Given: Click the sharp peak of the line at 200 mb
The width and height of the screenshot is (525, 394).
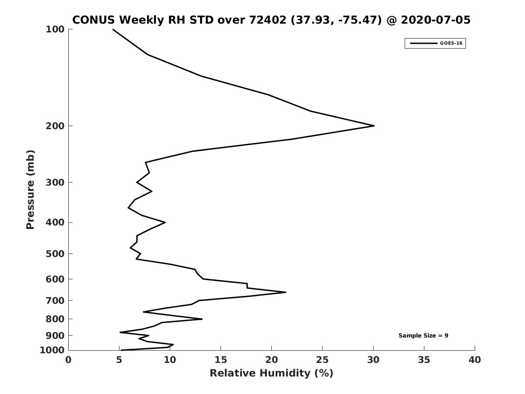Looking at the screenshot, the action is pos(374,126).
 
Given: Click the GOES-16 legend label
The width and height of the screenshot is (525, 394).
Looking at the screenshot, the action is pos(451,43).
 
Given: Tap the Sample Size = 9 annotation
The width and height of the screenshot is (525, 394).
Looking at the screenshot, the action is pos(423,335).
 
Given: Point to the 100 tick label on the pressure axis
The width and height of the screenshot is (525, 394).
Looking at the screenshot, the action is pos(55,29).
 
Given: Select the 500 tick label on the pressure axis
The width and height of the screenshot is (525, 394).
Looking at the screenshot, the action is pos(55,253).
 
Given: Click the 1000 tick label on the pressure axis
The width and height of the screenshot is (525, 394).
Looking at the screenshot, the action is pos(52,350).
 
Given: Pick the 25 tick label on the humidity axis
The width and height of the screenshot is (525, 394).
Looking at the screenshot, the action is pos(322,360).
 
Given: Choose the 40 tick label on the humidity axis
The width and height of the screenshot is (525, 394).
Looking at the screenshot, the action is pos(475,360).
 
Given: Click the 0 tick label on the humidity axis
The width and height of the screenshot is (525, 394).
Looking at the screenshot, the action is pos(68,360).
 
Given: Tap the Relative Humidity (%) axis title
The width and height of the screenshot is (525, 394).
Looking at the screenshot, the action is pos(272,373).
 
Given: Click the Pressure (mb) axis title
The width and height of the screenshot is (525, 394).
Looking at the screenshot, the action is pos(30,190).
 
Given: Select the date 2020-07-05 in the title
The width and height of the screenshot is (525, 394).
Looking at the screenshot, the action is pos(436,20).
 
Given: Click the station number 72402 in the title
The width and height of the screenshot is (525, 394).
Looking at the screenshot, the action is pos(268,20).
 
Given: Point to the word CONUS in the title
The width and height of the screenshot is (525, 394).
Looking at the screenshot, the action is pos(94,20).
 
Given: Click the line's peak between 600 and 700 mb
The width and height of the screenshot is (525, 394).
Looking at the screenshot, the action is pos(286,292).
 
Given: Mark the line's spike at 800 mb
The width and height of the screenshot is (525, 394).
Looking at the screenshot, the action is pos(202,319).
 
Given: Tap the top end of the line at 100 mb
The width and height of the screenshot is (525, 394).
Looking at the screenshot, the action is pos(113,29).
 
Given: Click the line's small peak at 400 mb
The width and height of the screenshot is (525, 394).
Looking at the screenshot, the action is pos(165,222).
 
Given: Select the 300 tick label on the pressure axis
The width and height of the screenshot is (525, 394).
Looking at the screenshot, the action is pos(55,182).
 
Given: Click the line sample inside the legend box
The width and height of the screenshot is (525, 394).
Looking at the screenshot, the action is pos(423,43).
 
